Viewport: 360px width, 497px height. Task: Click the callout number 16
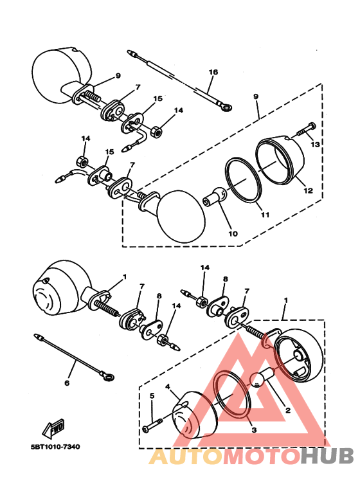click(213, 72)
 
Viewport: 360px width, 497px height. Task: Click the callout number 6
click(66, 384)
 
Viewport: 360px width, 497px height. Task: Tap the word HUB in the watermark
click(327, 456)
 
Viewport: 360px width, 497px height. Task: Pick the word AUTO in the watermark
click(186, 456)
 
